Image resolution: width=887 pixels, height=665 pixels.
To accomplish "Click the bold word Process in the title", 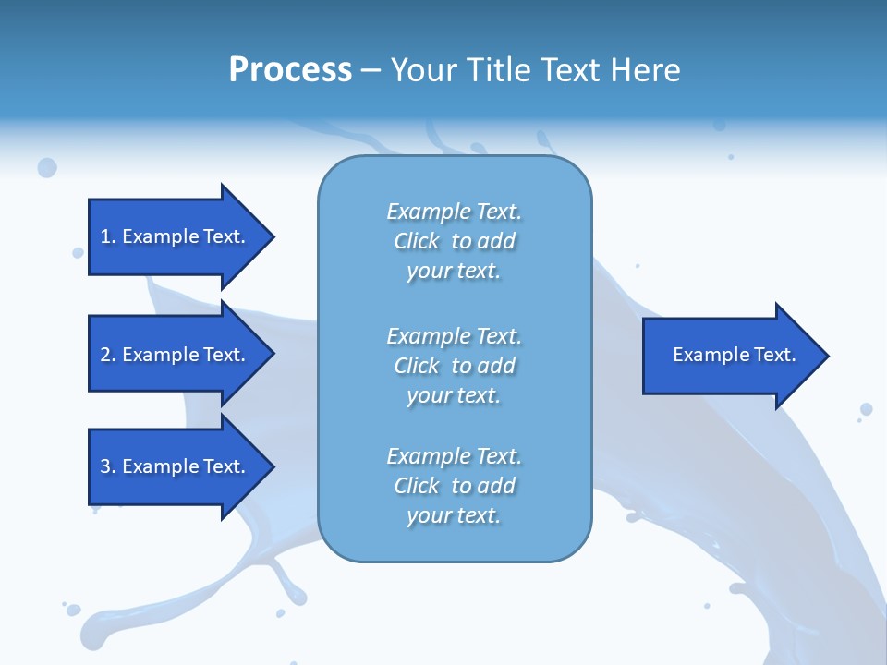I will (x=290, y=70).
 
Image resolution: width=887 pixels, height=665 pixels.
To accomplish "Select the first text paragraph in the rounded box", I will (x=455, y=241).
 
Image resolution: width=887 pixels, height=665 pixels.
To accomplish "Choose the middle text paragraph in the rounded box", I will (x=455, y=366).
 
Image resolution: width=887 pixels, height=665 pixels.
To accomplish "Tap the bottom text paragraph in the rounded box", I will (x=455, y=486).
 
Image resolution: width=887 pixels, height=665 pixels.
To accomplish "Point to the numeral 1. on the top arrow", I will (x=107, y=236).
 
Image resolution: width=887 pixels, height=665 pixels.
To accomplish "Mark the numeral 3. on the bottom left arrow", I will (x=107, y=466).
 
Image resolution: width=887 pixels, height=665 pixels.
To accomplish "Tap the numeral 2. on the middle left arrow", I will (x=107, y=355).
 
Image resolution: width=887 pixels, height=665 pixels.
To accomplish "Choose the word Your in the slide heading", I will (x=421, y=70).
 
